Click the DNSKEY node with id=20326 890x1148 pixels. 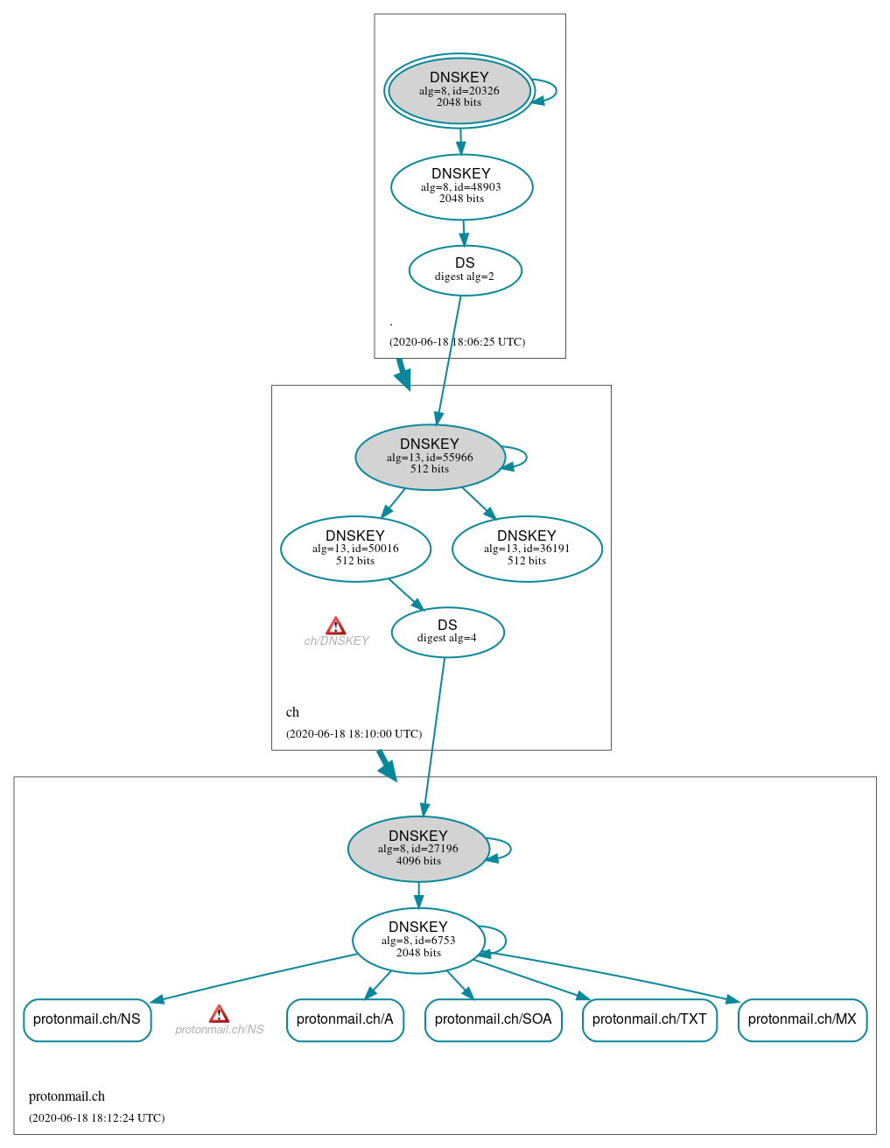pyautogui.click(x=459, y=90)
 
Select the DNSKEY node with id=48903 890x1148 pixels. pyautogui.click(x=461, y=186)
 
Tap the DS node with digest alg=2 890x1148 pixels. pyautogui.click(x=465, y=270)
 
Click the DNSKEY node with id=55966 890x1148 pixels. pyautogui.click(x=430, y=457)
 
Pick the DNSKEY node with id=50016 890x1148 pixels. pyautogui.click(x=355, y=549)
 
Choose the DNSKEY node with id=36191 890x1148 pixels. pyautogui.click(x=527, y=549)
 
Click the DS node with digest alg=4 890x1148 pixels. pyautogui.click(x=447, y=632)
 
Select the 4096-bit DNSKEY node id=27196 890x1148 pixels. pyautogui.click(x=418, y=849)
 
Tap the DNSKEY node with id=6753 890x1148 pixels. pyautogui.click(x=418, y=940)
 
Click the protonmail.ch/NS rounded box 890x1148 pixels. pyautogui.click(x=87, y=1019)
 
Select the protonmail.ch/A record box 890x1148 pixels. pyautogui.click(x=345, y=1019)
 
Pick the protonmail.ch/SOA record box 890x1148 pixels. pyautogui.click(x=493, y=1019)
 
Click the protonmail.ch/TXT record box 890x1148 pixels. pyautogui.click(x=649, y=1019)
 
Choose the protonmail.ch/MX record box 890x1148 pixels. pyautogui.click(x=802, y=1019)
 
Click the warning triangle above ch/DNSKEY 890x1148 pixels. pyautogui.click(x=336, y=626)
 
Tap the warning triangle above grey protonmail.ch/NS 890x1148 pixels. pyautogui.click(x=219, y=1014)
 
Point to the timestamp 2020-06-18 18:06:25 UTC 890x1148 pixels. pyautogui.click(x=457, y=341)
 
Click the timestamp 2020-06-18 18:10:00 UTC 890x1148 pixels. pyautogui.click(x=354, y=733)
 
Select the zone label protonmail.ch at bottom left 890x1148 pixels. pyautogui.click(x=67, y=1096)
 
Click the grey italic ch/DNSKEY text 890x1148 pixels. pyautogui.click(x=336, y=641)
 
